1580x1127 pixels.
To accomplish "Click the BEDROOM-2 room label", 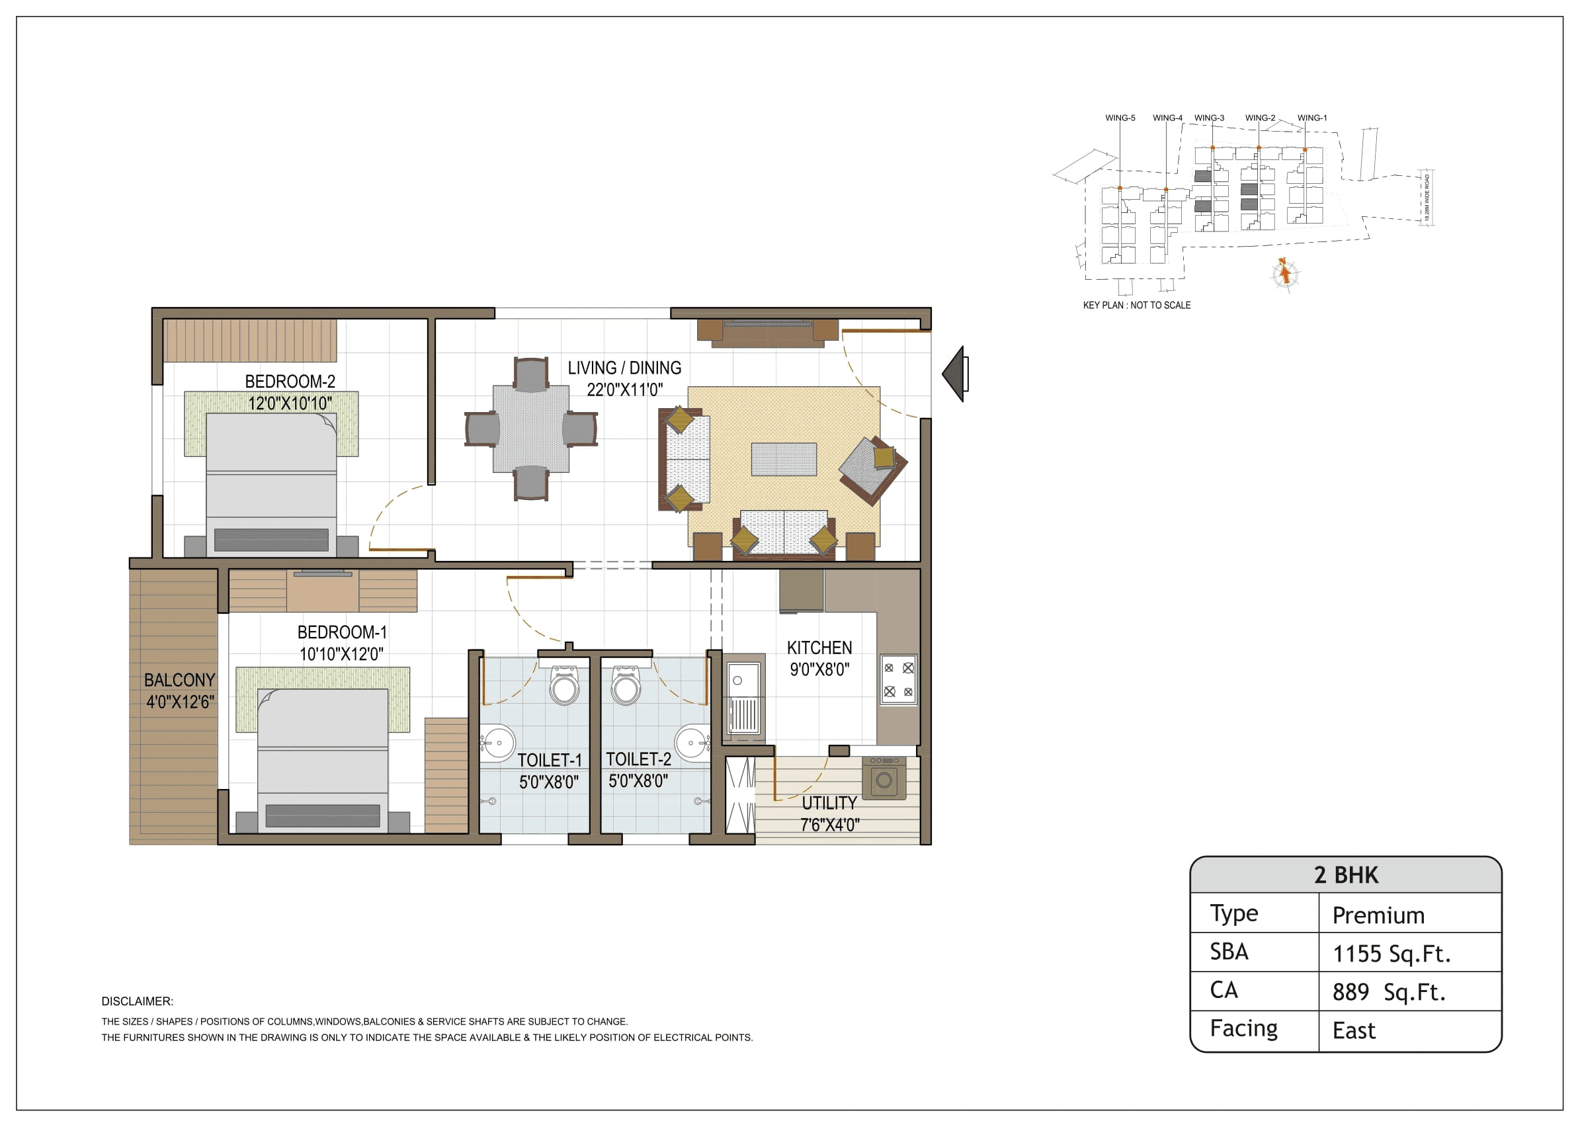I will (290, 381).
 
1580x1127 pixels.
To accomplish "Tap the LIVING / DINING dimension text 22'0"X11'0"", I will (624, 390).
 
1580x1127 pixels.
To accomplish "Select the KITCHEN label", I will (819, 647).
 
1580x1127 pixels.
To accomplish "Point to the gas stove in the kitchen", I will (898, 679).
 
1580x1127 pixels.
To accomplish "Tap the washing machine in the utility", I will (884, 778).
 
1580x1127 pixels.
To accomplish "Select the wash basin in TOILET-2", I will (691, 743).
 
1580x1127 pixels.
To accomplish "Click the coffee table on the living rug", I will (784, 460).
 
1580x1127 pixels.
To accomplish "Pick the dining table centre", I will (531, 429).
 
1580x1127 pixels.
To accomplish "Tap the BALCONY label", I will (179, 680).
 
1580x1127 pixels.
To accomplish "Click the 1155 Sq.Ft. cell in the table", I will (1391, 954).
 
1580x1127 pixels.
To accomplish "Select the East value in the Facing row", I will (1353, 1030).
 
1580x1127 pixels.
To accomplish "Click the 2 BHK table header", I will (1345, 875).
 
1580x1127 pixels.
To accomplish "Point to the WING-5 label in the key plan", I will (1120, 118).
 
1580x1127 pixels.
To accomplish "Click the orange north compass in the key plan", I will (1284, 273).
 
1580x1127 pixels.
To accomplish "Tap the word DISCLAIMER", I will (137, 1001).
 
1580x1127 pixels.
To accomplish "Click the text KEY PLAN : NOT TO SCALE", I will (1136, 306).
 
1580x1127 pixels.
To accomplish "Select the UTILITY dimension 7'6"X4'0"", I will (829, 825).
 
